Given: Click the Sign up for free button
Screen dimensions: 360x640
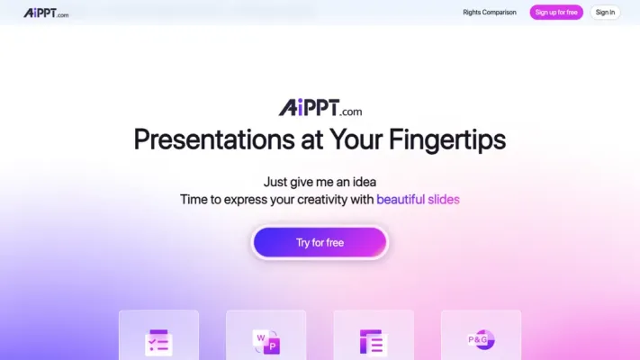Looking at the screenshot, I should [556, 13].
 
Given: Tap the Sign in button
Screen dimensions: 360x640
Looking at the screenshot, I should [605, 13].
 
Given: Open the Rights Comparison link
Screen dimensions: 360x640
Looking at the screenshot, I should [490, 13].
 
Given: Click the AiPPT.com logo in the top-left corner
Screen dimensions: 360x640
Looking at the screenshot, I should [46, 13].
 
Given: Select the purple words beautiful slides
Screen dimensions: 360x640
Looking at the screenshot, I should [418, 199].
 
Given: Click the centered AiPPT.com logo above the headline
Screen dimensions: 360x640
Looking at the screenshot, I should [320, 109].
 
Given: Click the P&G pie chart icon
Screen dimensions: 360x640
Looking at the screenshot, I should [481, 340].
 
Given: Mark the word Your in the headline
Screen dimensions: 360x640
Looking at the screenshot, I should [336, 140].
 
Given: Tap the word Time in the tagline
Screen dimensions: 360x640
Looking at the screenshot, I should [194, 199].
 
